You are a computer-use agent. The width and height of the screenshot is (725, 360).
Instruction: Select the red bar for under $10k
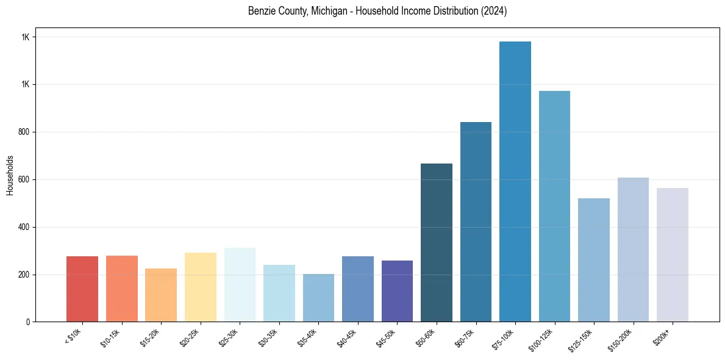pos(82,289)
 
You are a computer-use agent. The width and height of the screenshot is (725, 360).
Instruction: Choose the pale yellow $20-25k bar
pos(201,287)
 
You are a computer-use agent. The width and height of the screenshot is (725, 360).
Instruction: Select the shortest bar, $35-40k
pos(318,298)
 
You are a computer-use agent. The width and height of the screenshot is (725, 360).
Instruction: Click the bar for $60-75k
pos(476,222)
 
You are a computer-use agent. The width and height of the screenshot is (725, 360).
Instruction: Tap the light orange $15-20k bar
pos(161,295)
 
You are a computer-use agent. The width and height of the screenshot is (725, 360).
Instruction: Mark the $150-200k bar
pos(633,250)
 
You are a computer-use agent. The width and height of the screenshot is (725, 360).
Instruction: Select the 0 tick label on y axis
pos(27,322)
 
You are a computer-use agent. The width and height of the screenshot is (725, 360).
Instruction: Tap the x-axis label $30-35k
pos(268,337)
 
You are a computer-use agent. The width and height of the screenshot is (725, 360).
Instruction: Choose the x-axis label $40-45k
pos(346,337)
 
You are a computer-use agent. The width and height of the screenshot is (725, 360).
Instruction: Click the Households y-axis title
pos(10,175)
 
